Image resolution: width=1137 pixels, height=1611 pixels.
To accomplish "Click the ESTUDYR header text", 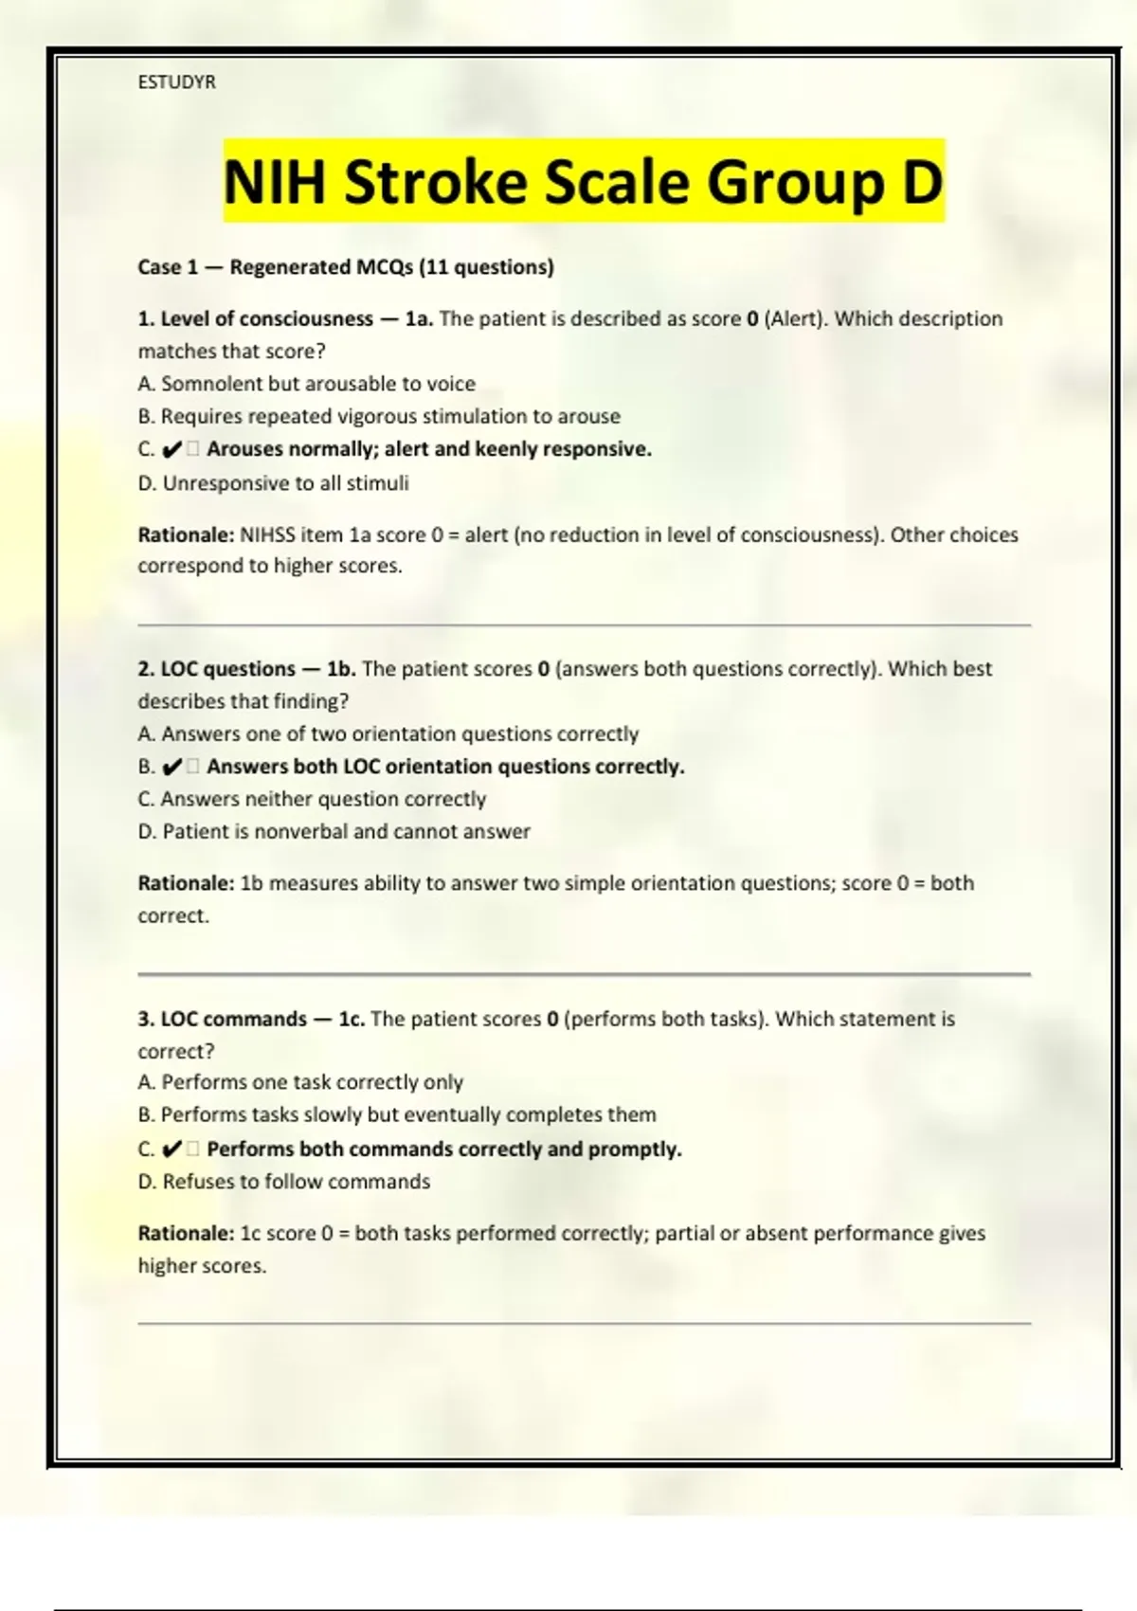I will [176, 82].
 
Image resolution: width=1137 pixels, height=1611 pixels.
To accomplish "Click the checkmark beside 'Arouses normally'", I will [172, 449].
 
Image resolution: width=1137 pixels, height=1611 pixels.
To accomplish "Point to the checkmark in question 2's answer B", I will [172, 767].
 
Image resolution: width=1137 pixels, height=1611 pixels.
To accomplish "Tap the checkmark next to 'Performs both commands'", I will [172, 1149].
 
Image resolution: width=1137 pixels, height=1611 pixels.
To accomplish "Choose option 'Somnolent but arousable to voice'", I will [307, 384].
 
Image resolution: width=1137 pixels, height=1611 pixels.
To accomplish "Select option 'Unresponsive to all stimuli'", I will [274, 483].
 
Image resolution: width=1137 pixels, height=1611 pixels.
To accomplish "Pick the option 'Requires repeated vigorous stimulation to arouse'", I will [379, 416].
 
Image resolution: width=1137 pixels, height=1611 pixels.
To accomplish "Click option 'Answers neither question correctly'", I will [312, 799].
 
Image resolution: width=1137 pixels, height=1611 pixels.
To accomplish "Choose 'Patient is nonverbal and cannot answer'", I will [334, 832].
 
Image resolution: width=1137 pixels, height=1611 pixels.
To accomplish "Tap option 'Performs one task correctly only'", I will [300, 1082].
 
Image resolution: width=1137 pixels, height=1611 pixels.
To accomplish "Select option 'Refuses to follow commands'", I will [284, 1182].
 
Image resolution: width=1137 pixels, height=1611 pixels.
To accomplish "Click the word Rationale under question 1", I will [186, 534].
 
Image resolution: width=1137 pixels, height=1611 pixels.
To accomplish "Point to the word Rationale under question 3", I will [186, 1234].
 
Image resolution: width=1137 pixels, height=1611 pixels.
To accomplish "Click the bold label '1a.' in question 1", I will [419, 319].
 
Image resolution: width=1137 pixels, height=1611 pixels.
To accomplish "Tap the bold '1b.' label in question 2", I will [341, 669].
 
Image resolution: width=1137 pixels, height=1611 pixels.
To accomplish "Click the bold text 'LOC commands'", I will [233, 1020].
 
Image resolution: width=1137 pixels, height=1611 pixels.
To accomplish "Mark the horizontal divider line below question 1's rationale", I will [584, 625].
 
